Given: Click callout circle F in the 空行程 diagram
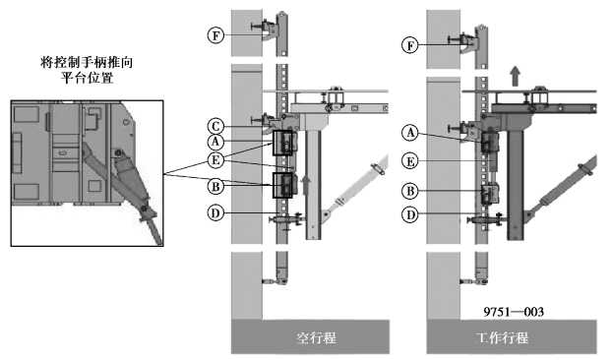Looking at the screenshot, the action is pyautogui.click(x=215, y=35).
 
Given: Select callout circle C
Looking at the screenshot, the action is pyautogui.click(x=215, y=127).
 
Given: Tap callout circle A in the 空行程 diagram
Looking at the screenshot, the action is pyautogui.click(x=215, y=142).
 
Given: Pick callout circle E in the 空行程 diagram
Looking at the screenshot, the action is pyautogui.click(x=215, y=160).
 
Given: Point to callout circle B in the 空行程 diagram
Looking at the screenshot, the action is pyautogui.click(x=215, y=187).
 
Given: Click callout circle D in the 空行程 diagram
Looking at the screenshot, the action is pyautogui.click(x=215, y=213).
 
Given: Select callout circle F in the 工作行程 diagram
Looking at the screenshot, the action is pyautogui.click(x=410, y=45).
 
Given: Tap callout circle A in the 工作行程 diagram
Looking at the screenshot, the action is pyautogui.click(x=410, y=133).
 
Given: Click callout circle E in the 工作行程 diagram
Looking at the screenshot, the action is pyautogui.click(x=410, y=161).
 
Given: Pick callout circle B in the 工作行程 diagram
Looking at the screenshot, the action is pyautogui.click(x=410, y=191).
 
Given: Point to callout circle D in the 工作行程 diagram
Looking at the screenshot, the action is pyautogui.click(x=410, y=214).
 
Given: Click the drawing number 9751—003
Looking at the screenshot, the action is pyautogui.click(x=514, y=312).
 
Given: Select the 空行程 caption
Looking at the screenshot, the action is pyautogui.click(x=316, y=337).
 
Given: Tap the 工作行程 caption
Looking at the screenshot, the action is pyautogui.click(x=503, y=337).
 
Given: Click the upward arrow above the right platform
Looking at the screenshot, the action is pyautogui.click(x=516, y=76).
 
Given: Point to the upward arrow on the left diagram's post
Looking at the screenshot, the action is pyautogui.click(x=306, y=185).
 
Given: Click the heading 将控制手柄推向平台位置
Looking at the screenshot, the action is pyautogui.click(x=87, y=70).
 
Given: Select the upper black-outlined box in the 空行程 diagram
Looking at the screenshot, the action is pyautogui.click(x=282, y=144).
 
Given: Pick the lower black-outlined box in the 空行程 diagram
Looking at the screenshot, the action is pyautogui.click(x=282, y=186).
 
